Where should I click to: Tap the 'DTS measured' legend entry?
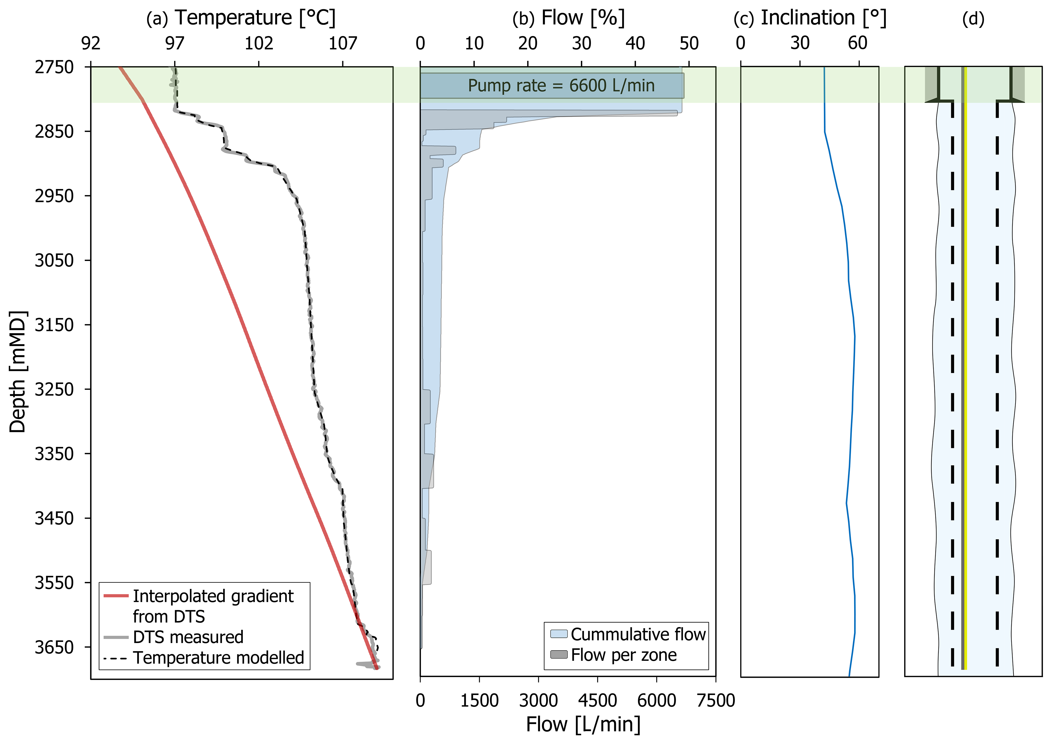click(x=188, y=637)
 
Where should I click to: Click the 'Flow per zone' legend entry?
click(x=623, y=655)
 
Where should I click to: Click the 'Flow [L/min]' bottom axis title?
click(x=583, y=724)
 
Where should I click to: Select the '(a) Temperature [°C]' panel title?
click(x=241, y=18)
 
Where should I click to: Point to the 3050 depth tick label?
click(x=54, y=260)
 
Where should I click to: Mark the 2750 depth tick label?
click(x=54, y=67)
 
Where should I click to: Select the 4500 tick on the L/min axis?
click(x=597, y=700)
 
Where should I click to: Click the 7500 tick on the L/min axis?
click(x=716, y=700)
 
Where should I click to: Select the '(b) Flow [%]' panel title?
click(x=568, y=18)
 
